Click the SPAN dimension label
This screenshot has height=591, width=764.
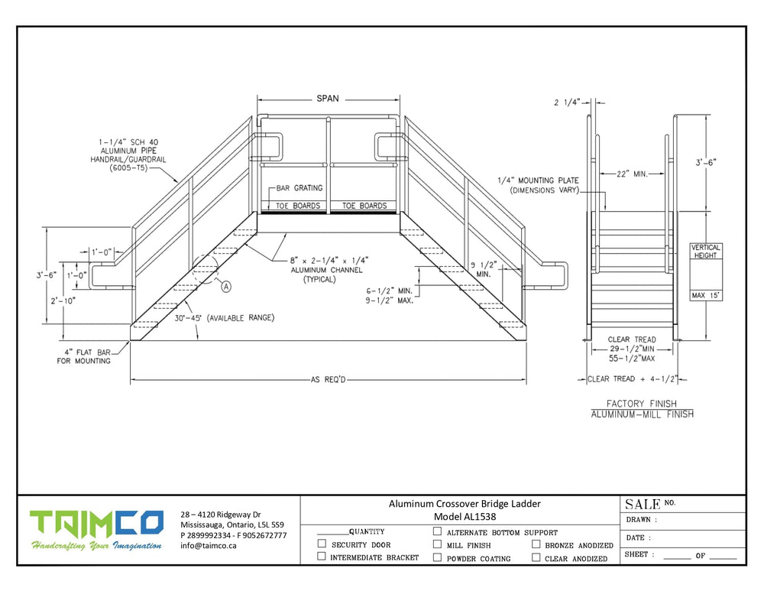click(x=328, y=99)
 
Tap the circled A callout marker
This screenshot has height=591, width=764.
click(x=227, y=286)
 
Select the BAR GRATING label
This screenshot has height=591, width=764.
click(x=299, y=188)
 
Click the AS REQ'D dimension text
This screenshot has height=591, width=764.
click(x=329, y=379)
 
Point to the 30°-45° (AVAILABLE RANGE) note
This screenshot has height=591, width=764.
click(x=224, y=318)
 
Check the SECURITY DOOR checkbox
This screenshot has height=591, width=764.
click(x=322, y=544)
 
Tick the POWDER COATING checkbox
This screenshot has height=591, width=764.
click(x=437, y=557)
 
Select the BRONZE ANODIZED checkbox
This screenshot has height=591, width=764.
click(x=536, y=545)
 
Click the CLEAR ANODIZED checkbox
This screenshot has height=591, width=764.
click(x=536, y=557)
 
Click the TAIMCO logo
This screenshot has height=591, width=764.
click(x=96, y=524)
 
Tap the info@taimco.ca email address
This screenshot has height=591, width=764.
click(x=209, y=546)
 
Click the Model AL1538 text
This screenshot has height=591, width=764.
click(x=465, y=517)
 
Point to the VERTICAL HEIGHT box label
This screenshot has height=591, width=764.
click(x=705, y=252)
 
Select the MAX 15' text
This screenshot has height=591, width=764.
click(x=705, y=294)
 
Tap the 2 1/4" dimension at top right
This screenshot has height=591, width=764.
click(x=568, y=101)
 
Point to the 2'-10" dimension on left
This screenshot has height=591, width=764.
click(x=61, y=301)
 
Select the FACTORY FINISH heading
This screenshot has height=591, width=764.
click(x=642, y=403)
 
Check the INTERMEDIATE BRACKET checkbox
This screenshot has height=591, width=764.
click(x=322, y=557)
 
